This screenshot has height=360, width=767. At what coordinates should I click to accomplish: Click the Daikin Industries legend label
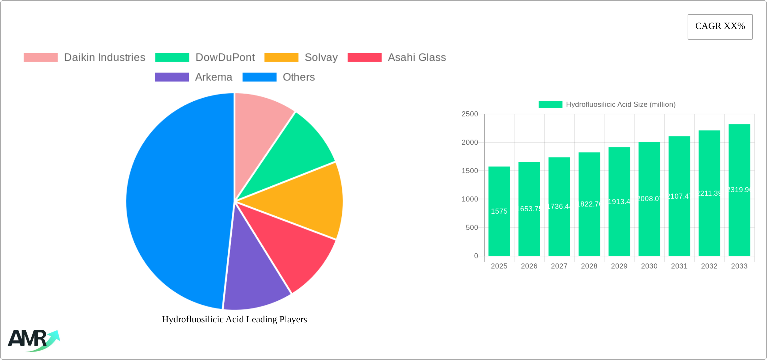coord(104,58)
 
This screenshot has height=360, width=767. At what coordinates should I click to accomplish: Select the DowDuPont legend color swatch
coord(172,58)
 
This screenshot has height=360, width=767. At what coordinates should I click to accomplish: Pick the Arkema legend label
coord(213,77)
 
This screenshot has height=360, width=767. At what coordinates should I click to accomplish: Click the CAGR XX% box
coord(720,27)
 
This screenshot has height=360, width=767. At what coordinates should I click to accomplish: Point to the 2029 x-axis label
coord(619,266)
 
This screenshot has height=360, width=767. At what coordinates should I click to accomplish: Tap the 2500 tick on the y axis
coord(470,114)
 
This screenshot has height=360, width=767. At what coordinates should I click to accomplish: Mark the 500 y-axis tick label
coord(472,228)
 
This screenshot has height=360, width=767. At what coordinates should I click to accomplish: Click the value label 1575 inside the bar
coord(499,211)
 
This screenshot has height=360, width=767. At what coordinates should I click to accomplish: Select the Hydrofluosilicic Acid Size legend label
coord(620,105)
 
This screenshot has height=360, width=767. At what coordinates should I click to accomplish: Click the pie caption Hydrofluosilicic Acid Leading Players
coord(234,319)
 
